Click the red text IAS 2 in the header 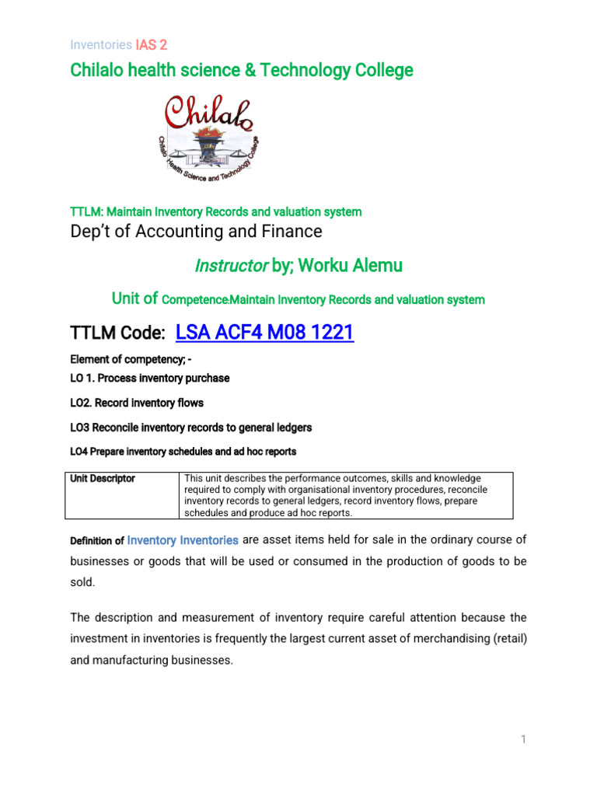152,45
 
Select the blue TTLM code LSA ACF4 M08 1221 265,333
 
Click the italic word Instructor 230,266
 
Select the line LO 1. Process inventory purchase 150,378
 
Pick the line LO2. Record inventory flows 137,403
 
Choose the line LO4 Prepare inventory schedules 183,451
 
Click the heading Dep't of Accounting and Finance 196,231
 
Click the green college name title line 242,71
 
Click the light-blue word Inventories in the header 101,45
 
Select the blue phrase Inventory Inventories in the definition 183,539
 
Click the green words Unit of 135,298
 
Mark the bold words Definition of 97,540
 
